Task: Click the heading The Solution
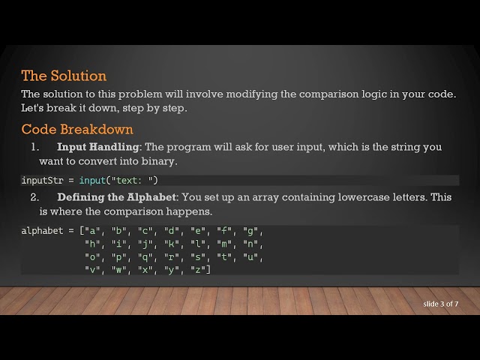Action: pos(64,76)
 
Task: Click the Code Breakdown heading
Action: pos(77,129)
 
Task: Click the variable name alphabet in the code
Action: pos(42,231)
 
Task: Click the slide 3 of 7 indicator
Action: pos(440,303)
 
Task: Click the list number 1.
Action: pos(34,147)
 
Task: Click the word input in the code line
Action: pos(92,180)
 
